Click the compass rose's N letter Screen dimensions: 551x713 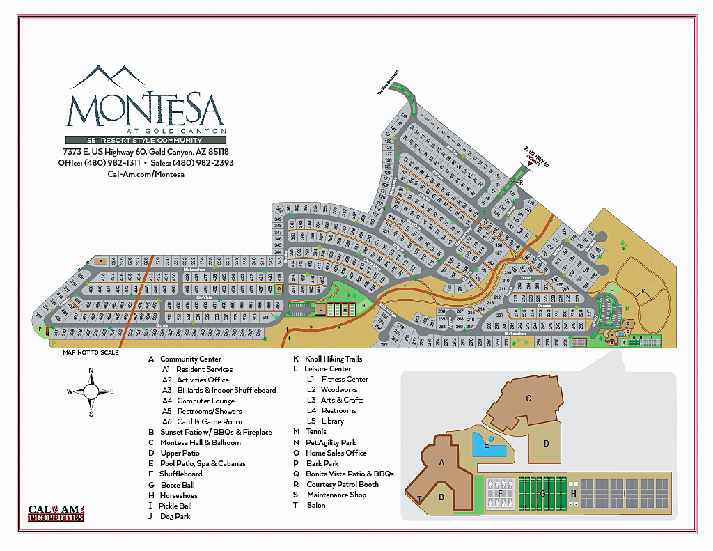91,371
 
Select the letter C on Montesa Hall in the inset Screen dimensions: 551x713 528,398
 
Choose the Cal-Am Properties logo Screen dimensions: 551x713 56,513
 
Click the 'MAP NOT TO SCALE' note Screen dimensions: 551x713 91,352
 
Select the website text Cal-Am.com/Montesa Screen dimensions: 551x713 146,174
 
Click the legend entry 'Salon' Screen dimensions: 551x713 315,505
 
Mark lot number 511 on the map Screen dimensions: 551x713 265,317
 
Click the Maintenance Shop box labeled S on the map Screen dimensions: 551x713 101,261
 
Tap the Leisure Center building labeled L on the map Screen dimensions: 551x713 320,308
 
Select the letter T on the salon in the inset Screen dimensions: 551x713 419,498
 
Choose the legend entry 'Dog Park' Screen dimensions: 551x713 174,516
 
